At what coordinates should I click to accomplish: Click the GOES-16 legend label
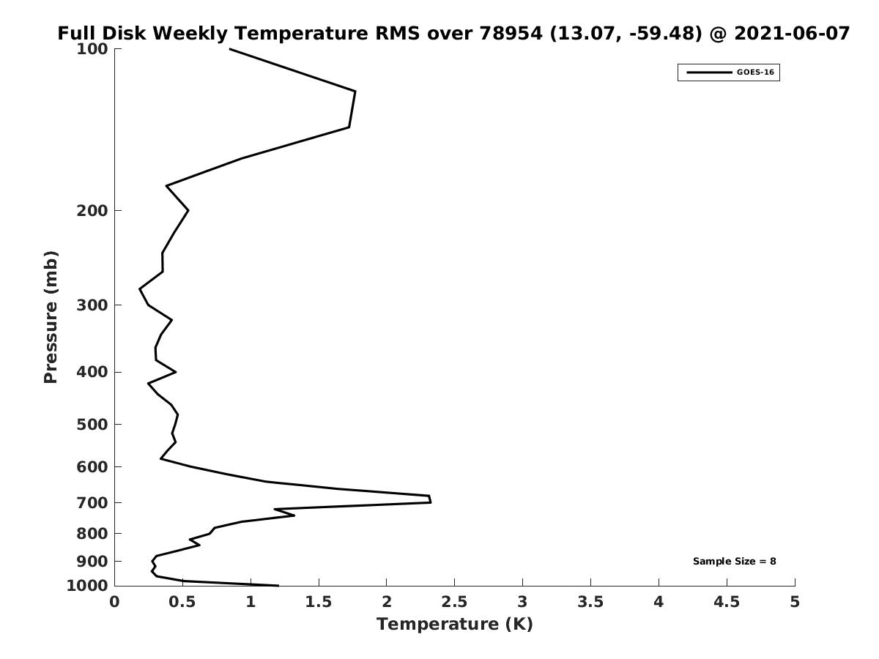click(755, 72)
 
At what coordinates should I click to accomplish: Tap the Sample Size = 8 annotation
click(735, 562)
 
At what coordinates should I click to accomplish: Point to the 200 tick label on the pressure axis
click(92, 210)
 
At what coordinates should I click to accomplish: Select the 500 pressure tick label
click(92, 424)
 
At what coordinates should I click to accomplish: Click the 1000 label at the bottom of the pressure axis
click(87, 586)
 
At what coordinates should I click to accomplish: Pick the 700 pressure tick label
click(92, 502)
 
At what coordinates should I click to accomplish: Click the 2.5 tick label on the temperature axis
click(454, 602)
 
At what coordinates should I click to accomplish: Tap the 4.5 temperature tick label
click(727, 602)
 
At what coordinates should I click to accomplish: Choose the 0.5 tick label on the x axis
click(182, 602)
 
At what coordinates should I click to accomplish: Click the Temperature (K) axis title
click(455, 624)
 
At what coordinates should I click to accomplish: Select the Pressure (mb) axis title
click(51, 317)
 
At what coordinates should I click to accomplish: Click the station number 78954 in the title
click(511, 33)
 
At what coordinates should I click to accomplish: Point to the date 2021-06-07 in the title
click(792, 33)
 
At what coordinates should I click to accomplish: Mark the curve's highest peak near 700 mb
click(431, 502)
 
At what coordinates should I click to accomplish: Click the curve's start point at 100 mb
click(229, 49)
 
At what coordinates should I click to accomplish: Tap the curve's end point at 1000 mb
click(278, 586)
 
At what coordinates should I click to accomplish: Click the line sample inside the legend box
click(709, 72)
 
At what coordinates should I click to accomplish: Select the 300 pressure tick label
click(92, 305)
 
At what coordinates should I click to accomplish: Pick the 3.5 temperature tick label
click(590, 602)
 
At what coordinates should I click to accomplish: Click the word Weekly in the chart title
click(190, 33)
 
